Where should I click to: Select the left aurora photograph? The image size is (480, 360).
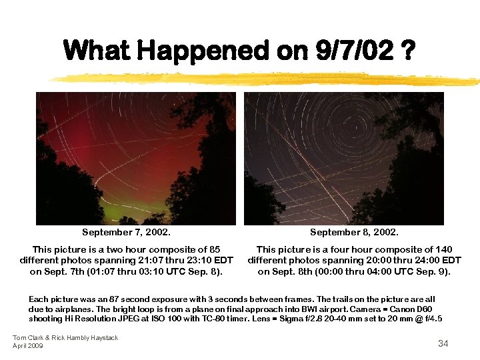[x=136, y=158]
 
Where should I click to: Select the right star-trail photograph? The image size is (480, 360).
[x=344, y=158]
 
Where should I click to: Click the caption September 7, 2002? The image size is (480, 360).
[x=126, y=233]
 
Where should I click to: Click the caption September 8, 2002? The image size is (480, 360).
[x=354, y=233]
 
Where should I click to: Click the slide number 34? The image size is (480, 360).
[x=443, y=343]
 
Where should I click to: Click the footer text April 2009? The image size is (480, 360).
[x=27, y=345]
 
